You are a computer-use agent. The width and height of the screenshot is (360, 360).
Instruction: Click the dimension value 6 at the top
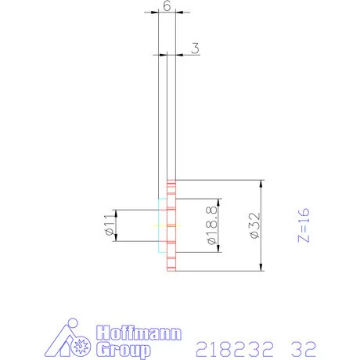point(167,5)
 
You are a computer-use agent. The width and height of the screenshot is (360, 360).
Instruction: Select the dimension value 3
point(192,49)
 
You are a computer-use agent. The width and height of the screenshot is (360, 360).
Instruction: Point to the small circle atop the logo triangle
point(72,322)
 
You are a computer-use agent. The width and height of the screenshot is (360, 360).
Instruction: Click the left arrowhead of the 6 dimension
point(160,13)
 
